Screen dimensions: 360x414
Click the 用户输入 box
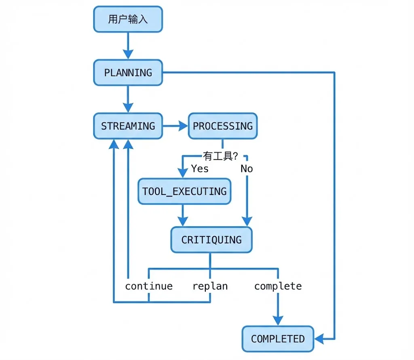pyautogui.click(x=128, y=19)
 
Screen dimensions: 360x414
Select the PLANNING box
pyautogui.click(x=128, y=73)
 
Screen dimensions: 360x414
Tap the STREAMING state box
pyautogui.click(x=128, y=126)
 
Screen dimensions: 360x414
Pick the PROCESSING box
pyautogui.click(x=223, y=126)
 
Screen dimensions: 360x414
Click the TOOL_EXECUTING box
pyautogui.click(x=184, y=191)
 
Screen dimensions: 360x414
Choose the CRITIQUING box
pyautogui.click(x=211, y=240)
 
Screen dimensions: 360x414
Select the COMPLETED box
pyautogui.click(x=278, y=339)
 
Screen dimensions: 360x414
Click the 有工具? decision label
pyautogui.click(x=220, y=156)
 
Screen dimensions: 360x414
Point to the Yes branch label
pyautogui.click(x=200, y=168)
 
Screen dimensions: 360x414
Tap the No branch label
pyautogui.click(x=247, y=168)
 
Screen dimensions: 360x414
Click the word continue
pyautogui.click(x=149, y=286)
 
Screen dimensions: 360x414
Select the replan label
pyautogui.click(x=210, y=286)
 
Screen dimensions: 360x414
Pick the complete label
pyautogui.click(x=278, y=286)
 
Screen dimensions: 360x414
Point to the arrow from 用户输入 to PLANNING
pyautogui.click(x=128, y=46)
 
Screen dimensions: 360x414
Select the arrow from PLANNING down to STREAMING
pyautogui.click(x=128, y=99)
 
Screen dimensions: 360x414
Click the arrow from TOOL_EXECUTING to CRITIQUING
pyautogui.click(x=183, y=216)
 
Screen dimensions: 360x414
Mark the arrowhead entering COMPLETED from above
pyautogui.click(x=278, y=320)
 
